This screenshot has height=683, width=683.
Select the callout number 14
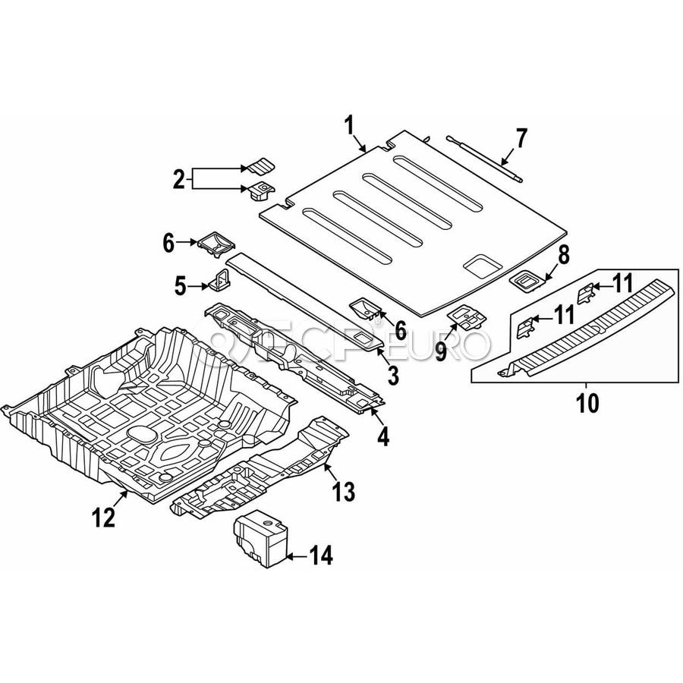(x=321, y=556)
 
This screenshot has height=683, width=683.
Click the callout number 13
(x=343, y=491)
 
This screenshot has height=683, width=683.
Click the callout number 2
(x=179, y=180)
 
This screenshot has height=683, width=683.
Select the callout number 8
(x=563, y=255)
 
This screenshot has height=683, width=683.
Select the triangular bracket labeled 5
(x=221, y=281)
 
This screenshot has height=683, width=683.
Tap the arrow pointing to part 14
(x=295, y=556)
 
